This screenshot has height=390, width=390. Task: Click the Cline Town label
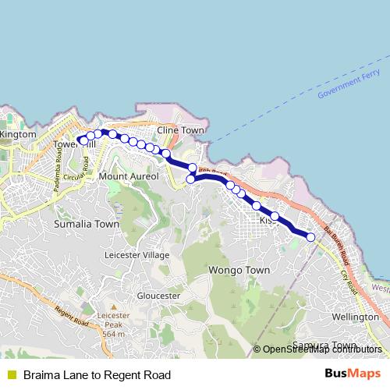tap(180, 130)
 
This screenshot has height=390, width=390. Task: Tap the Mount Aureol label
tap(129, 177)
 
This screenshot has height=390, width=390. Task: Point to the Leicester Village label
tap(136, 255)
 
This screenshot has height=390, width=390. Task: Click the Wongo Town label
tap(239, 271)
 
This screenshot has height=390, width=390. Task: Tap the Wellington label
tap(355, 317)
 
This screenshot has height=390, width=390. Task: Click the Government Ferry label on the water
tap(349, 83)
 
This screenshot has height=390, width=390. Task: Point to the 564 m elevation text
tap(113, 334)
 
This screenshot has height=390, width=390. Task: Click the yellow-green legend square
tap(11, 375)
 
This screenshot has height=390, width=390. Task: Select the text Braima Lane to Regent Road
tap(97, 375)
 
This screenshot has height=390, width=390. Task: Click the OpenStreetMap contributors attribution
tap(321, 349)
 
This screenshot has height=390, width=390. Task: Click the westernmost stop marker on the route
tap(81, 141)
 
